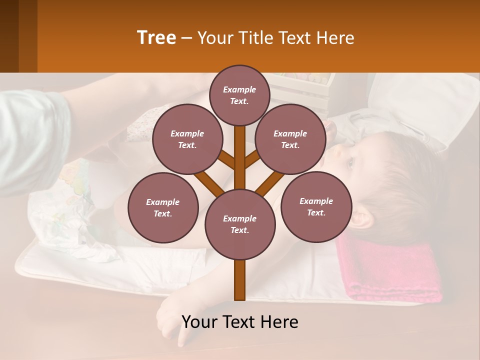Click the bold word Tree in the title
tap(156, 38)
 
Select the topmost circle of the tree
tap(239, 95)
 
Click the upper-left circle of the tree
tap(187, 139)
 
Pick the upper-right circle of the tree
tap(290, 139)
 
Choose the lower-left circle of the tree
tap(163, 207)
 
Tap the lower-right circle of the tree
tap(316, 206)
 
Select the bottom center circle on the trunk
tap(240, 224)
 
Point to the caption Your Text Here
tap(240, 322)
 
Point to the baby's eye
tap(349, 162)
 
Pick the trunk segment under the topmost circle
tap(240, 145)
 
